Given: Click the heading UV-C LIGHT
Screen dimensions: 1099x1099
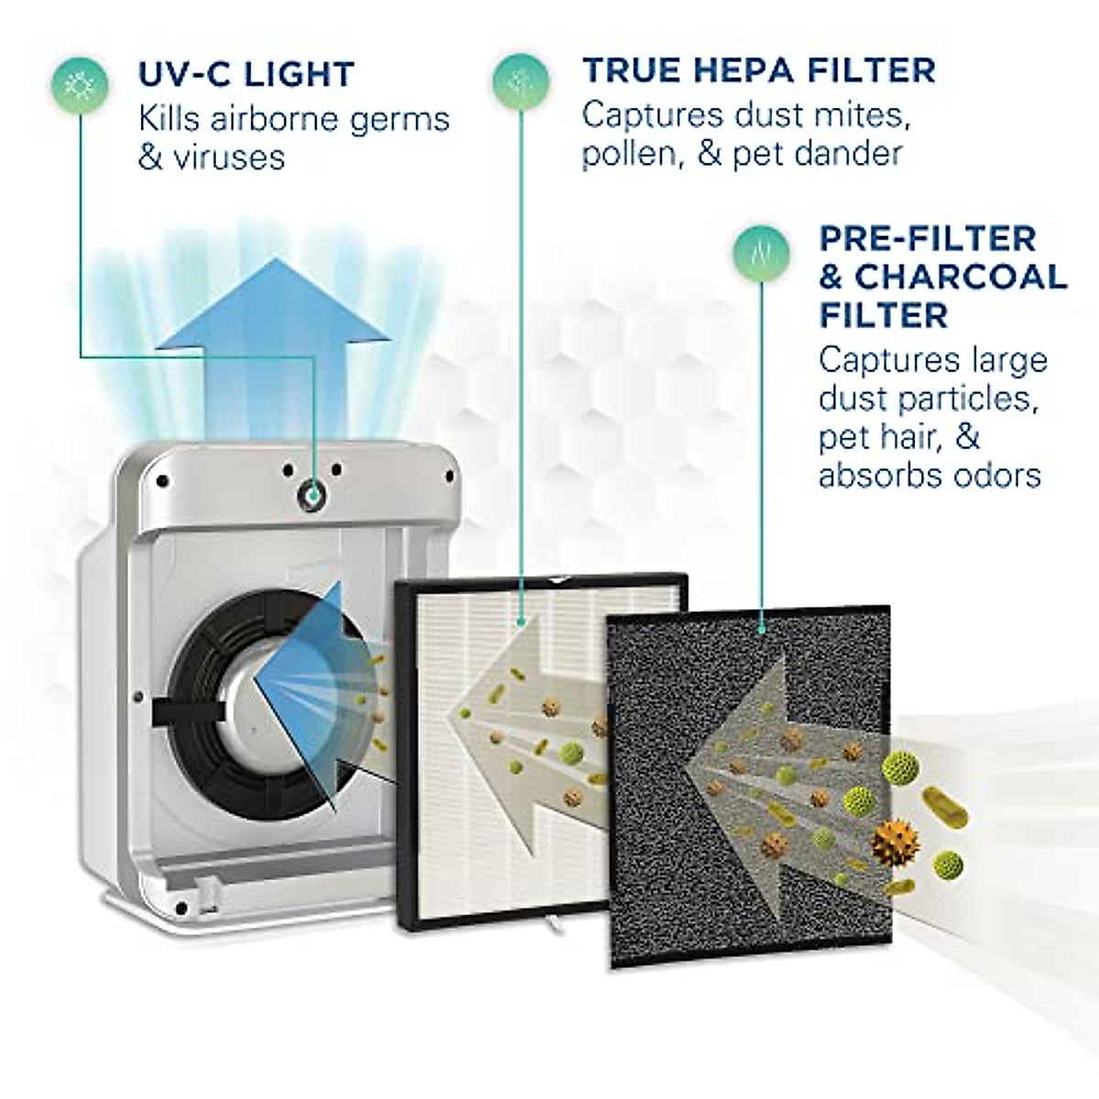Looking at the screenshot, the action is tap(245, 74).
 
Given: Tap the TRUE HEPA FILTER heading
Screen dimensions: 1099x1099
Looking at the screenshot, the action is tap(759, 70).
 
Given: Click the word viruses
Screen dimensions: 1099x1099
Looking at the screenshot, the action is tap(236, 157).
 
